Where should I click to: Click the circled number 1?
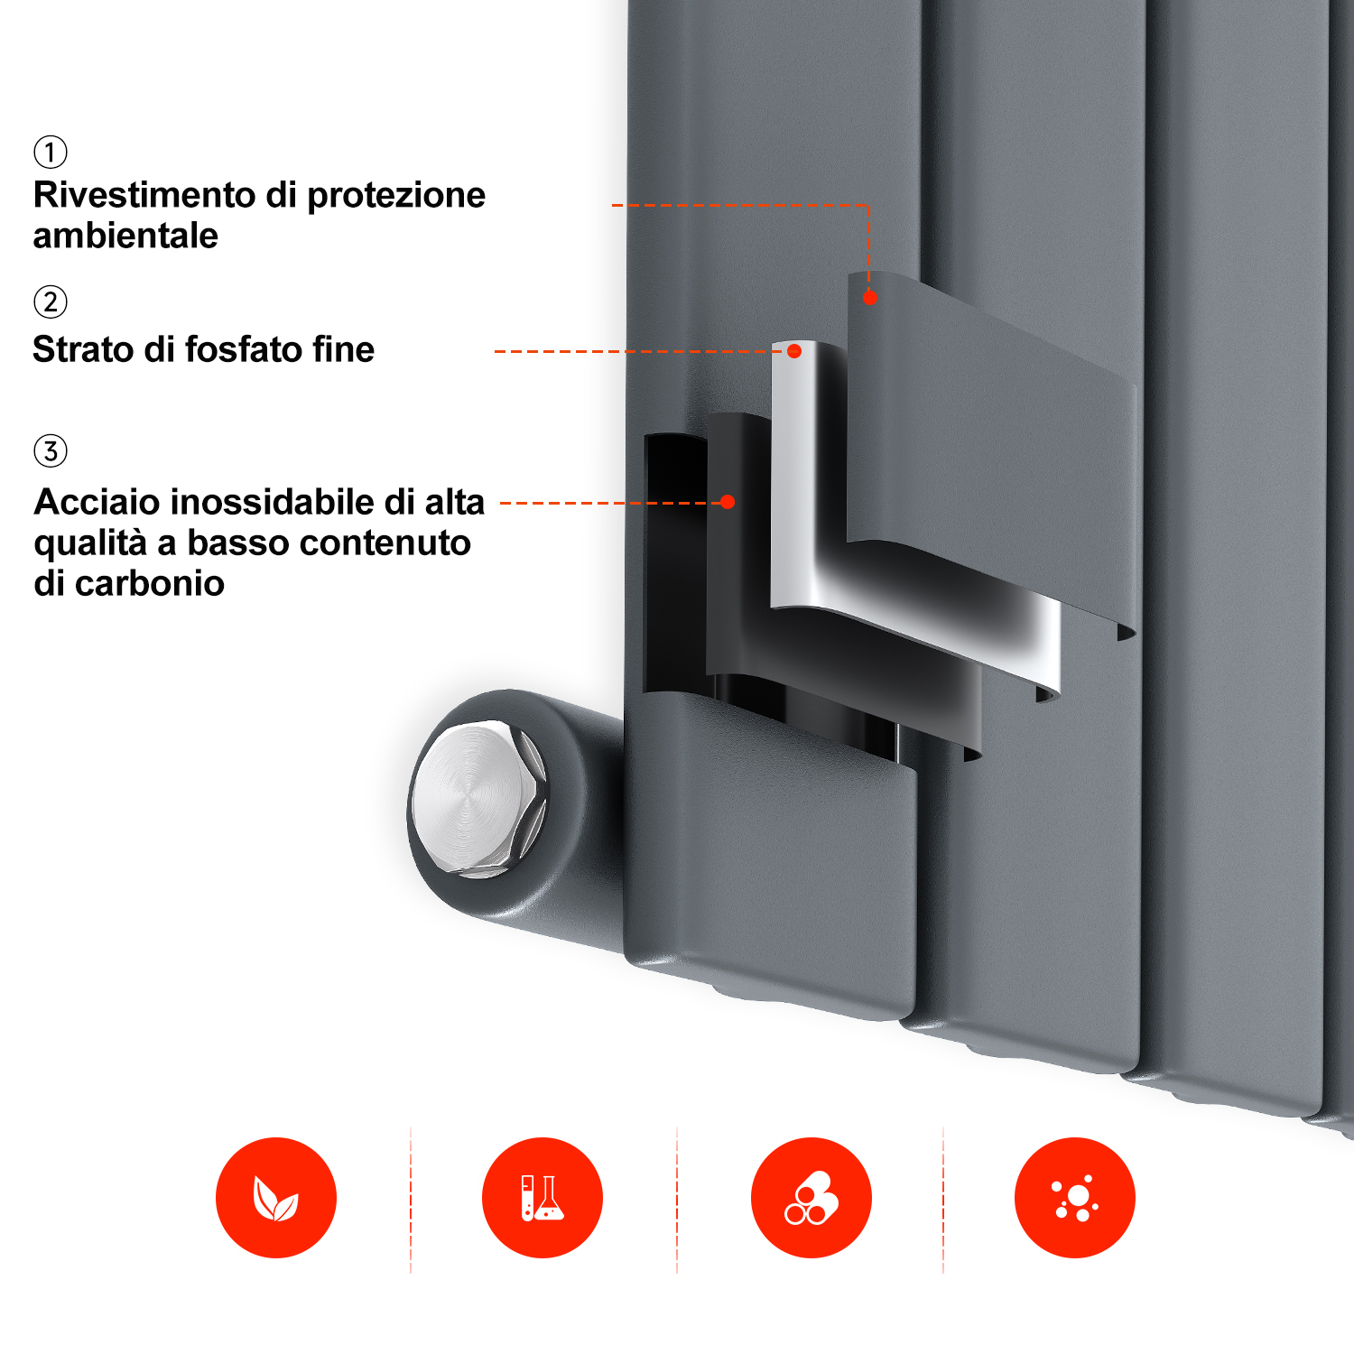[x=51, y=152]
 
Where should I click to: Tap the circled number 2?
[x=51, y=301]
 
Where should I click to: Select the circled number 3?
[x=51, y=450]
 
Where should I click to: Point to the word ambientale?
[x=125, y=236]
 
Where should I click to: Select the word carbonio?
[x=150, y=584]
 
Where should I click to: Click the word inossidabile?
[x=273, y=502]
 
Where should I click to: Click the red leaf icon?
[x=276, y=1198]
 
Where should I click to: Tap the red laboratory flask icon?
[x=543, y=1198]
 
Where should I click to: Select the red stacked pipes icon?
[x=811, y=1198]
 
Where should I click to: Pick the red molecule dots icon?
[x=1075, y=1198]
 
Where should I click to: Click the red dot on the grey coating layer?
[x=870, y=298]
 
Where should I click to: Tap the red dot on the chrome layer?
[x=794, y=351]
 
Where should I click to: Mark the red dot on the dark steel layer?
[x=728, y=502]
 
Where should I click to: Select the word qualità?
[x=90, y=543]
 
